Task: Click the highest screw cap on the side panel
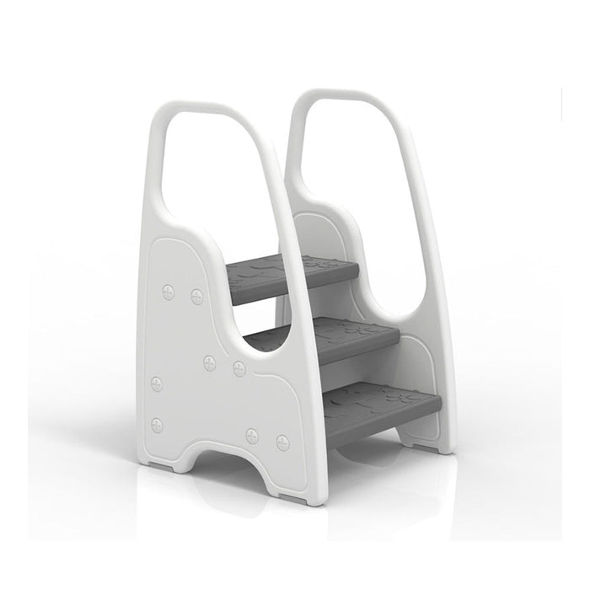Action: point(167,291)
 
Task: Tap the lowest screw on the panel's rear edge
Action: point(157,424)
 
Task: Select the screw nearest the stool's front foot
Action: point(282,439)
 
